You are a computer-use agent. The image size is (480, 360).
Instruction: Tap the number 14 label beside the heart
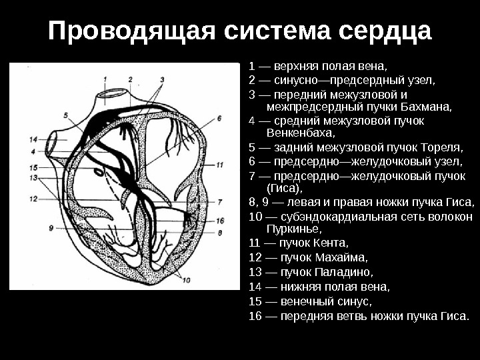34,139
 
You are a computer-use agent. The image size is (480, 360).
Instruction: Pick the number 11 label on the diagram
220,164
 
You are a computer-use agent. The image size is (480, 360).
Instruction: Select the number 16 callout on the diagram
220,220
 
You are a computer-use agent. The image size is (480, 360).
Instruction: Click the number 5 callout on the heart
66,115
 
